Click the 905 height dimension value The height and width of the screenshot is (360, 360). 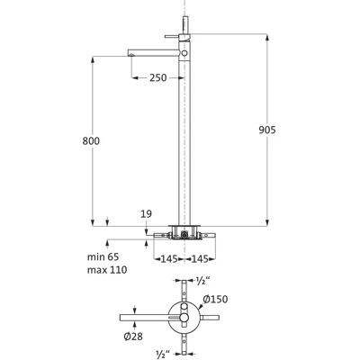[267, 130]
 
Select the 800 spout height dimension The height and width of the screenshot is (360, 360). [91, 140]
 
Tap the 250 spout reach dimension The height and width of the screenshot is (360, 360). [158, 77]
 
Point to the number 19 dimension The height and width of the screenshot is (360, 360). [146, 214]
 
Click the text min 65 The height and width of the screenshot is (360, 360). [103, 256]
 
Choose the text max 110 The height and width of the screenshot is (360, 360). [107, 270]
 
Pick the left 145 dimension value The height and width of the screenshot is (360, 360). [169, 258]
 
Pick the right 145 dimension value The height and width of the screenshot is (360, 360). [200, 258]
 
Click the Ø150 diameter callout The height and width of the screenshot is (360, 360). [215, 299]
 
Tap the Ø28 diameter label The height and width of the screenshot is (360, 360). [133, 337]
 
